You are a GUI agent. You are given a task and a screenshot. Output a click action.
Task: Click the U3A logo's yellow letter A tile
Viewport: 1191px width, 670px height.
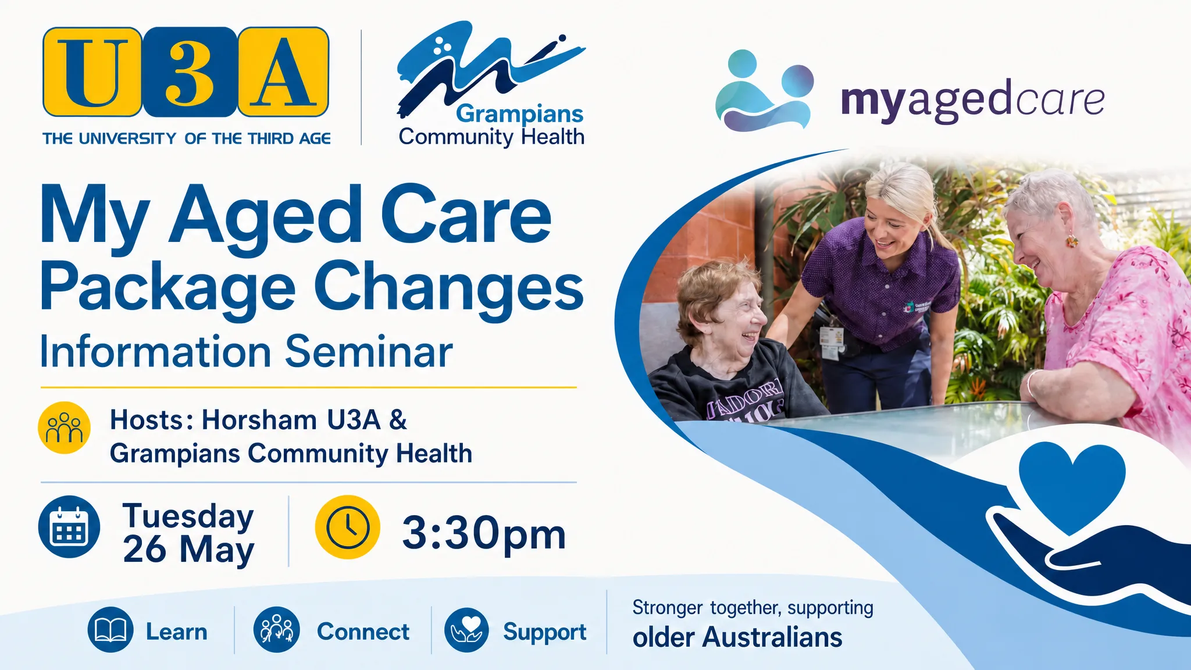(x=284, y=72)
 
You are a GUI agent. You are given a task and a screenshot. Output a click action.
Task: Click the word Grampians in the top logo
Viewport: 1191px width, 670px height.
(x=519, y=115)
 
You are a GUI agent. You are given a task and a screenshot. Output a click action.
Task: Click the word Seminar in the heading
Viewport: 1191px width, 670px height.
(x=369, y=352)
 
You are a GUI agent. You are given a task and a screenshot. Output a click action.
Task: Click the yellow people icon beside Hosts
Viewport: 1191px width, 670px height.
(x=64, y=427)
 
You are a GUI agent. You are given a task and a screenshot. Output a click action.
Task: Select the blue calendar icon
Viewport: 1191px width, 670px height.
(x=69, y=527)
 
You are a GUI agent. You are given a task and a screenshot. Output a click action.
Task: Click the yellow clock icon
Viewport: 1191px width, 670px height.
(x=348, y=528)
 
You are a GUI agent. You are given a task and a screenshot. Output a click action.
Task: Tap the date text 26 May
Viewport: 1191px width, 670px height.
(x=188, y=549)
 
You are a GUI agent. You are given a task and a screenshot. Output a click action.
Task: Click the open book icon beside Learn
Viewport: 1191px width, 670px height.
(x=110, y=630)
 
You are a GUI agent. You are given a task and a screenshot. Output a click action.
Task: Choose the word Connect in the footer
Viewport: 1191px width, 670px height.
(x=363, y=632)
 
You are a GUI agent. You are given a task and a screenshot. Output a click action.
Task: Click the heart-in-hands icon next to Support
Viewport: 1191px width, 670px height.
(x=466, y=630)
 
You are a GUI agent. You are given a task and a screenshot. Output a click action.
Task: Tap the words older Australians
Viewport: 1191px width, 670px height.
(x=737, y=637)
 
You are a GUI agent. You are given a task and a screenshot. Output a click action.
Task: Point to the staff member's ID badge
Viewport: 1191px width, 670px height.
(x=831, y=340)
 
